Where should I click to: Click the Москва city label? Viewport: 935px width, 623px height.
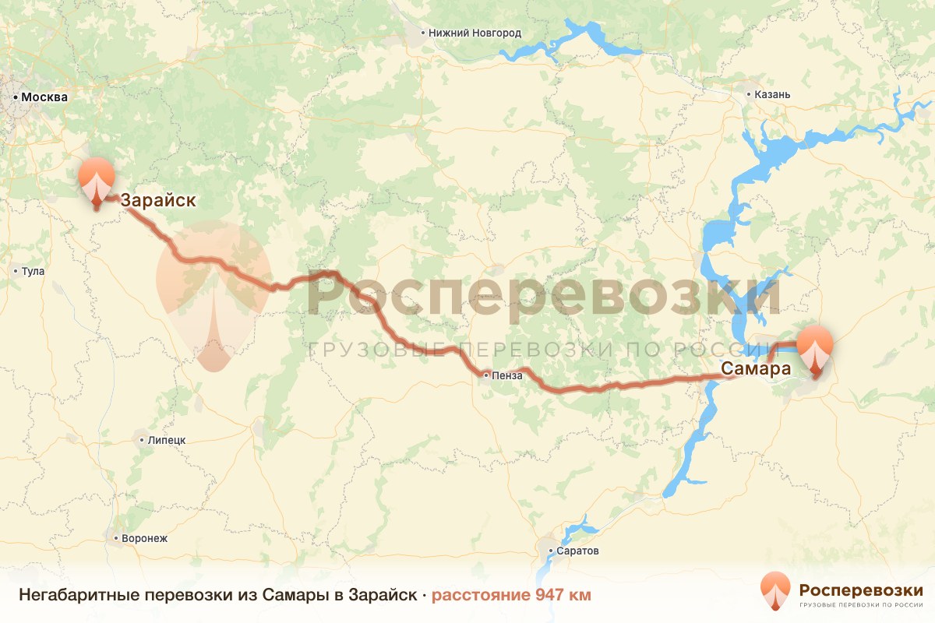(44, 97)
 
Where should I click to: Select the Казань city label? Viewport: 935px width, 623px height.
(772, 95)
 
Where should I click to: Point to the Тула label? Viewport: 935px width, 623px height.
(34, 272)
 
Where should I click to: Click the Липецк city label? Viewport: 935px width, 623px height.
(167, 440)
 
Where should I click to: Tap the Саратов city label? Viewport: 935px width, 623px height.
(578, 551)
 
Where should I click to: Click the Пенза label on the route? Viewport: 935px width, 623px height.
(506, 375)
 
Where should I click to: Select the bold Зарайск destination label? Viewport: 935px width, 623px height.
(157, 201)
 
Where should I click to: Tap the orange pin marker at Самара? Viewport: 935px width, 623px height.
(815, 350)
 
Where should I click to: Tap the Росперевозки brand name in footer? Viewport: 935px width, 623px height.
(861, 590)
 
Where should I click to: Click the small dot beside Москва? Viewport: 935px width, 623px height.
(16, 97)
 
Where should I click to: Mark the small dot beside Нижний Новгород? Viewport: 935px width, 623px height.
(422, 33)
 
